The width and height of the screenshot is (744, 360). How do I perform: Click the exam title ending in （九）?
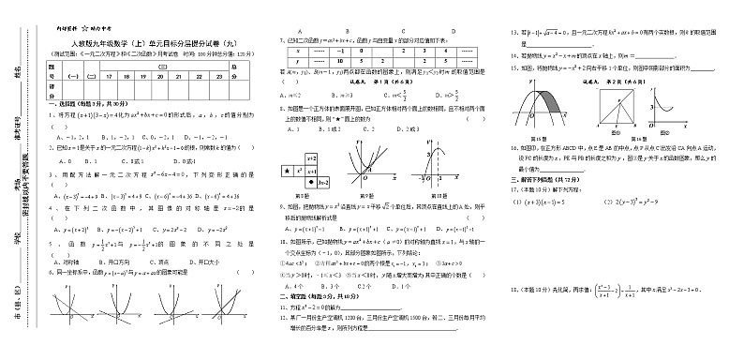[155, 43]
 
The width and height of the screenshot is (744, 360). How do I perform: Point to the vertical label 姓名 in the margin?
[17, 72]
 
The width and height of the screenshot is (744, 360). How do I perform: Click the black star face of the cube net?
[286, 170]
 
